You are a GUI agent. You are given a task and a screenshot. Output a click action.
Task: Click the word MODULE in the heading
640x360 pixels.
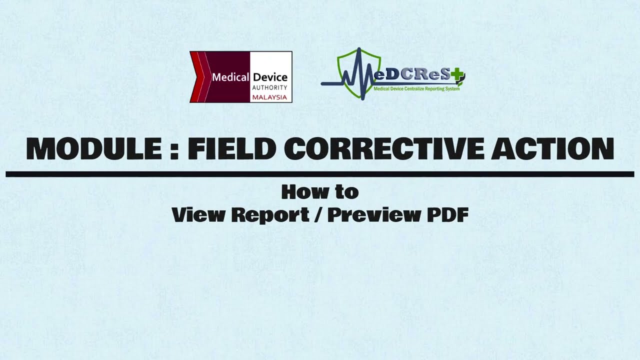[x=95, y=148]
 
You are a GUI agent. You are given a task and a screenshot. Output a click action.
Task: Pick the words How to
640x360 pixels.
[x=320, y=191]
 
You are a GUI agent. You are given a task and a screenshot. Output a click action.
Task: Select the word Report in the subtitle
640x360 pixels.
[x=270, y=214]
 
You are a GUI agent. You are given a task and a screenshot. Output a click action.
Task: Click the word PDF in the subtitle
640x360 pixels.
[x=447, y=214]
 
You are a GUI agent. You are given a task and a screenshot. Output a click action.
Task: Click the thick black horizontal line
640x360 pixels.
[x=320, y=174]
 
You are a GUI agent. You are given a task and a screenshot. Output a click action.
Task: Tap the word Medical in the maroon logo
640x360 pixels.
[x=230, y=77]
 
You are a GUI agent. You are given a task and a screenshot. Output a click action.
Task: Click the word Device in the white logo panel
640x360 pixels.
[x=270, y=77]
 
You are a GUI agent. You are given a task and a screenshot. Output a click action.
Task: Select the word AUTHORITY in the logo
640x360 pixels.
[x=270, y=87]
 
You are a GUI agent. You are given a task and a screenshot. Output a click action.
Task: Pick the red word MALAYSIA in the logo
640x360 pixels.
[x=270, y=97]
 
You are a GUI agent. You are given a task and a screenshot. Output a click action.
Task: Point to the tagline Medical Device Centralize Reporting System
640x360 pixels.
[x=416, y=88]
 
